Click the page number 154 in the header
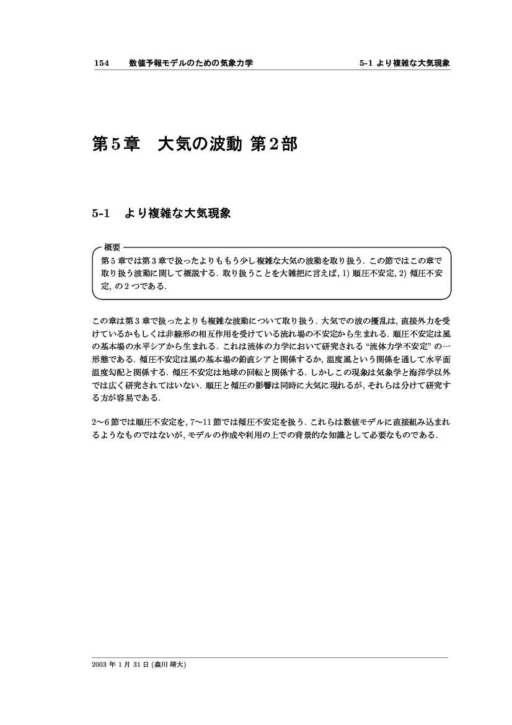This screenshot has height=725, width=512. click(101, 63)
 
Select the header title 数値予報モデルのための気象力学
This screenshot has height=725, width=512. click(191, 63)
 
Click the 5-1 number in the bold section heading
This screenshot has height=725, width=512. click(100, 213)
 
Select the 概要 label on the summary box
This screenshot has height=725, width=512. click(112, 247)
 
